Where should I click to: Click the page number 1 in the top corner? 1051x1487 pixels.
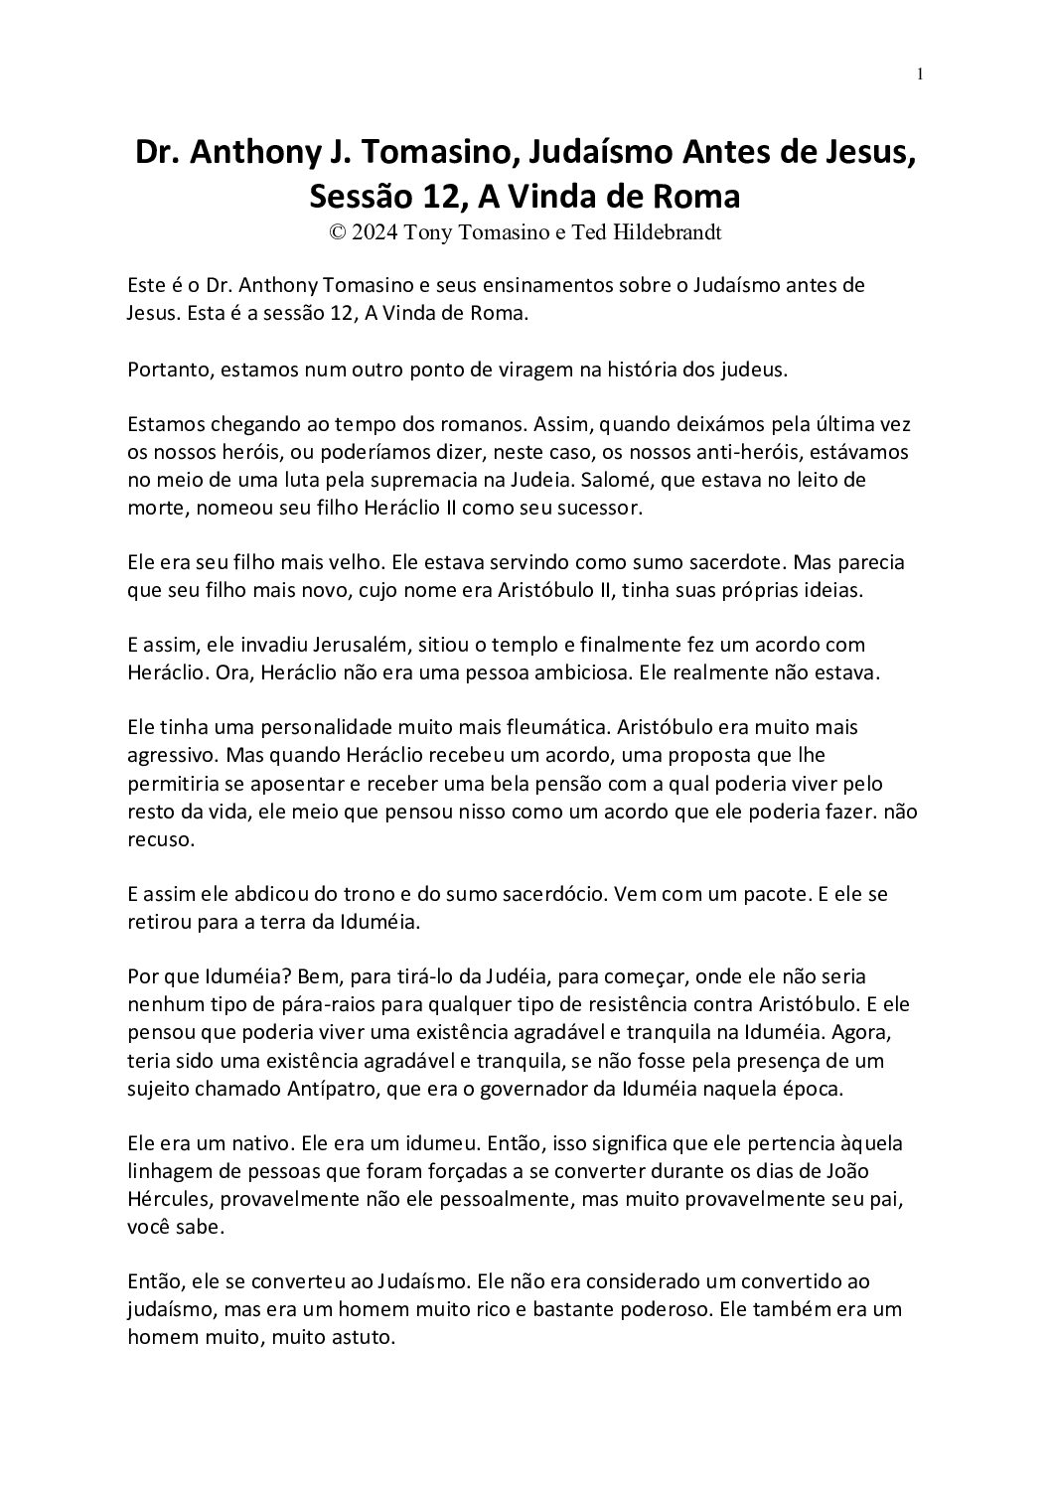(x=922, y=74)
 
